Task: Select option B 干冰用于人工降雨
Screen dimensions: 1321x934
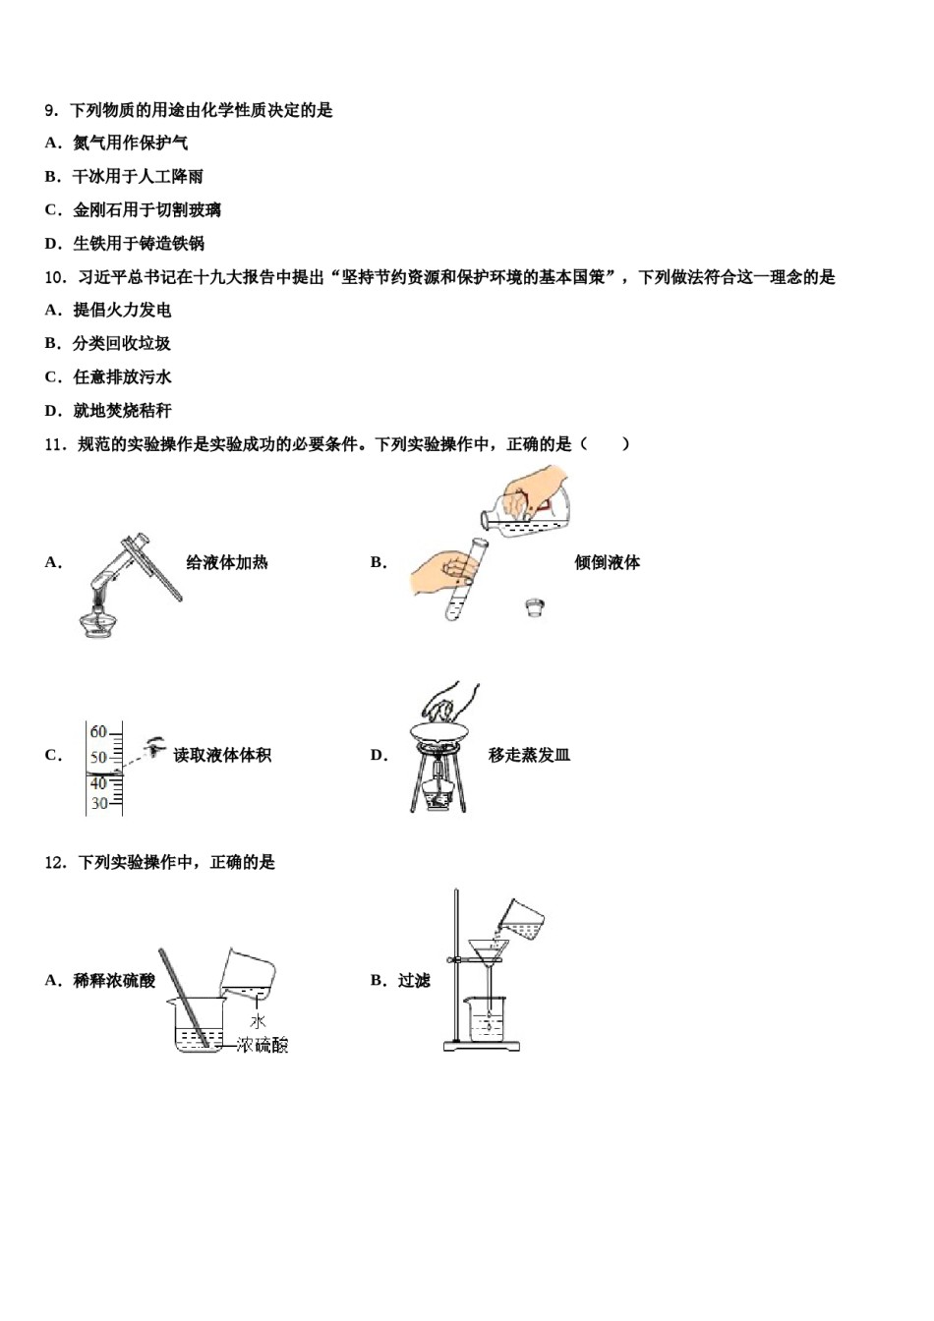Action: (x=137, y=177)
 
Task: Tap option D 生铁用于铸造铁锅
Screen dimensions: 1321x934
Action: (x=138, y=244)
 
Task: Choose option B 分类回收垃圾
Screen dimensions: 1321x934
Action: (x=121, y=344)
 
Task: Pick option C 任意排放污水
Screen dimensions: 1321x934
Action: (x=121, y=377)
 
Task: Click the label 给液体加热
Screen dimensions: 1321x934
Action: (x=227, y=563)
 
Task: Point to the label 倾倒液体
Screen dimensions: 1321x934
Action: (x=607, y=563)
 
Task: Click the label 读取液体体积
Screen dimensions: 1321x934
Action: (x=222, y=756)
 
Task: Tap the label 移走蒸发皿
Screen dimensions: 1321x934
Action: (x=529, y=756)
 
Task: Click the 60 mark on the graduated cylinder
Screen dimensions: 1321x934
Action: (x=98, y=732)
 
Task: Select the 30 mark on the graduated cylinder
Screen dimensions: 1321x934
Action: (x=98, y=804)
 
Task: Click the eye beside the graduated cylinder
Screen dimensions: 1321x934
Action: (x=155, y=747)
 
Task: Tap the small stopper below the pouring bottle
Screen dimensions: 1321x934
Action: (x=535, y=605)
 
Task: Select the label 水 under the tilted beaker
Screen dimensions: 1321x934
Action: (x=259, y=1022)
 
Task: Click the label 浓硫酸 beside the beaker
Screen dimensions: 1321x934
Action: (x=263, y=1046)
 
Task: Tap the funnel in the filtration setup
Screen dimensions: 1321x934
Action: (x=489, y=951)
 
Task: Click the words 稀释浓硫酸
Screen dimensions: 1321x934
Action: (x=114, y=981)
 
